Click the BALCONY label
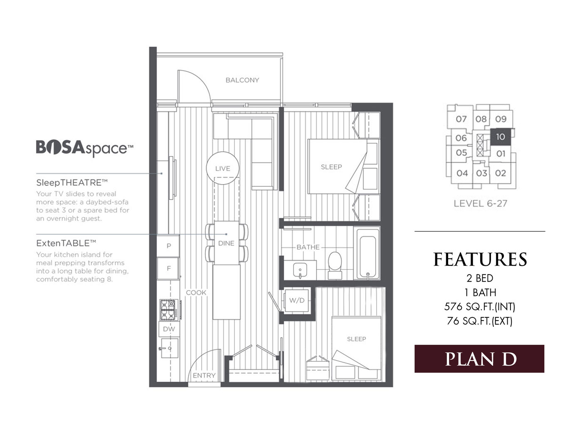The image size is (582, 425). pos(242,80)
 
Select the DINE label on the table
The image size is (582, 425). pos(226,243)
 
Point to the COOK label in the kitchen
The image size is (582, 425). pos(196,292)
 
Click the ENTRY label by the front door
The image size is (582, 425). pos(204,376)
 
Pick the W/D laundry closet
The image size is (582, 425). pos(297,301)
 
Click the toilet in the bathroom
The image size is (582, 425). pos(335,265)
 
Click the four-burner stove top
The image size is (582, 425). pos(169,310)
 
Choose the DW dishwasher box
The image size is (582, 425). pos(169,329)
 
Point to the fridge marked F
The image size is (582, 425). pos(168,268)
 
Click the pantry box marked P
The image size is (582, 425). pos(168,246)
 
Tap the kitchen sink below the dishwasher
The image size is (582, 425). pos(170,348)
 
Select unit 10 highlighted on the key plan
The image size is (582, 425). pos(501,137)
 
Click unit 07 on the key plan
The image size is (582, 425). pos(461,119)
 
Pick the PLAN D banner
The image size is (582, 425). pos(479,359)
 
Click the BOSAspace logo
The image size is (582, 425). pos(84,148)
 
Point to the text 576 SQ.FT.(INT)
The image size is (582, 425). pos(480,307)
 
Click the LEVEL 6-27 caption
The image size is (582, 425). pos(481,203)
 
